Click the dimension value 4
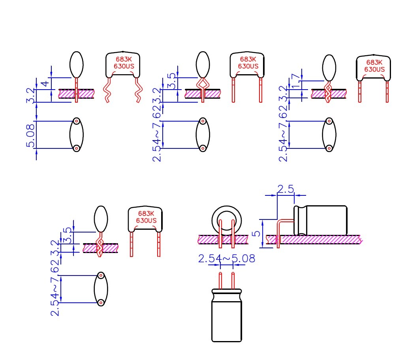[x=45, y=83]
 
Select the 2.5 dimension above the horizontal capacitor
[x=285, y=189]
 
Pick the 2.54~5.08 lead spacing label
[x=226, y=259]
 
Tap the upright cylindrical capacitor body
[x=226, y=316]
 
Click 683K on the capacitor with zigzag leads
[x=124, y=60]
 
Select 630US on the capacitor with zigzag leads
[x=124, y=66]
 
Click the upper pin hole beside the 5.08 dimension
[x=77, y=121]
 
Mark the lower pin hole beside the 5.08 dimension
[x=77, y=148]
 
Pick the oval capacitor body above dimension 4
[x=77, y=64]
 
